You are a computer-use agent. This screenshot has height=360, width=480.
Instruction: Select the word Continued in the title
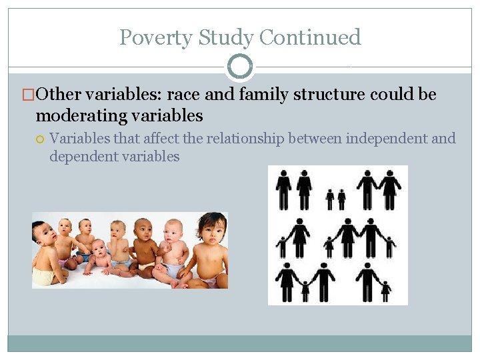310,37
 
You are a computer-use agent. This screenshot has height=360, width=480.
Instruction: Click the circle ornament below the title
240,67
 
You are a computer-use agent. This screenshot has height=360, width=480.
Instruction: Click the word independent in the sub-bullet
379,139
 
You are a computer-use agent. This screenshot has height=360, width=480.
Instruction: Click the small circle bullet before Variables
40,139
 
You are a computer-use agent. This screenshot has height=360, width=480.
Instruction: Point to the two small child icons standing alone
335,199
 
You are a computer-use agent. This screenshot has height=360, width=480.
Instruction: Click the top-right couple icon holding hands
378,188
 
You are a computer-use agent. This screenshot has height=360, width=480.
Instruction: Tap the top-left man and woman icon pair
293,188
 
